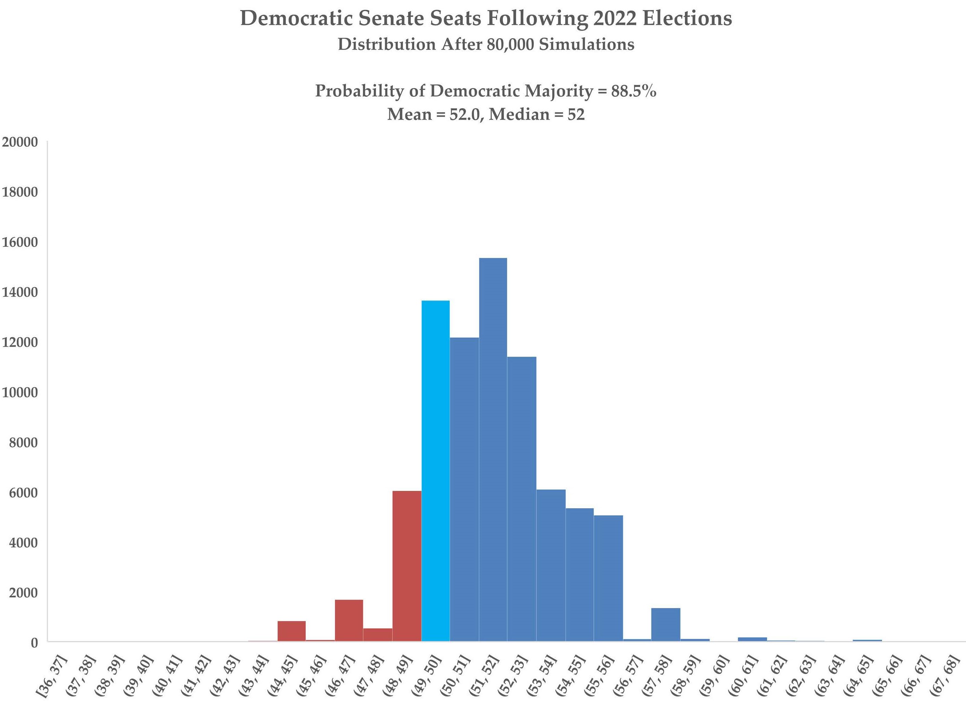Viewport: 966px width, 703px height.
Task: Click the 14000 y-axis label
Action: tap(20, 292)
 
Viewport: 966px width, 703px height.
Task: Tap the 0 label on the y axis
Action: tap(34, 643)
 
